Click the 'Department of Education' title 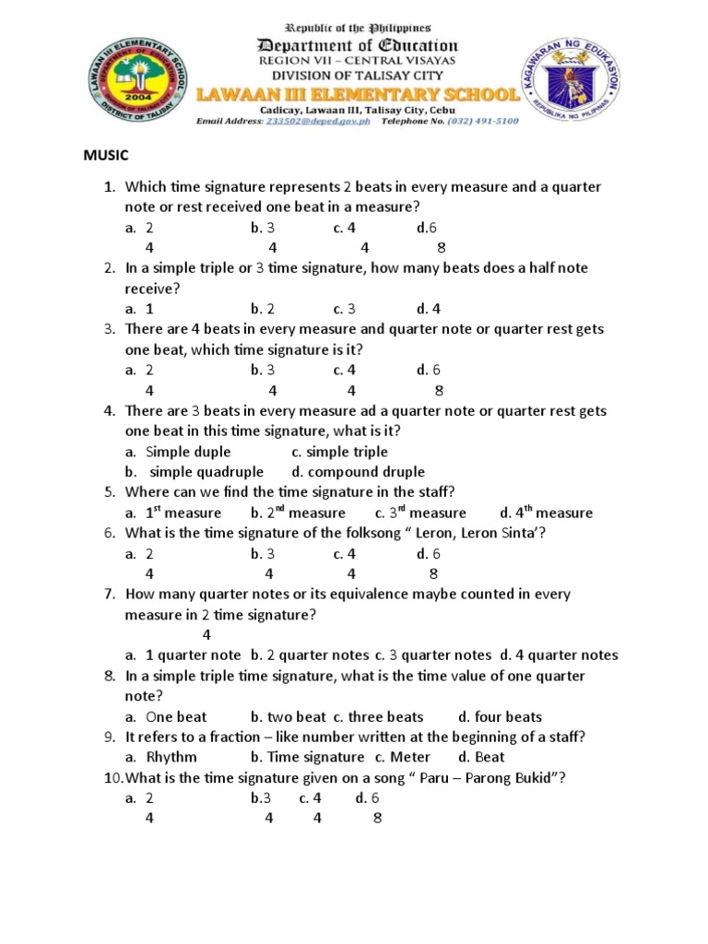(x=357, y=45)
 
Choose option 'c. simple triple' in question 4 (x=339, y=452)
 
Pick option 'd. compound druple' (x=342, y=472)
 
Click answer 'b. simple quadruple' (x=194, y=472)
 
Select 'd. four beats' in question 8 (x=500, y=716)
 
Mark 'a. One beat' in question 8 (x=166, y=716)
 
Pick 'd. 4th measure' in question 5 (x=546, y=513)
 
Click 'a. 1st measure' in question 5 (x=173, y=513)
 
